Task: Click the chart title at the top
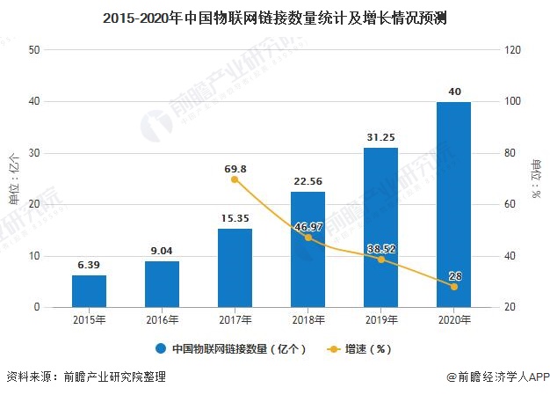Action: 274,17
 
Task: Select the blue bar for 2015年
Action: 89,291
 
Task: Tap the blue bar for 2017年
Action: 235,268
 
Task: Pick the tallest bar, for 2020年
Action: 453,205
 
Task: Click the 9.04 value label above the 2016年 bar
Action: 162,251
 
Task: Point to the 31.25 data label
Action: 380,137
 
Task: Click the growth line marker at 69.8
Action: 235,179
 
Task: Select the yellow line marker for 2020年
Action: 453,287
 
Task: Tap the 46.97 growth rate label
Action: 308,227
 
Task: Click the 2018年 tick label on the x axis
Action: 308,318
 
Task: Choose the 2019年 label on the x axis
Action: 380,318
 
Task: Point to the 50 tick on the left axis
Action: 34,50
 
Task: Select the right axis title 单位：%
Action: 536,179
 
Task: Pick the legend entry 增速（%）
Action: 364,348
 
